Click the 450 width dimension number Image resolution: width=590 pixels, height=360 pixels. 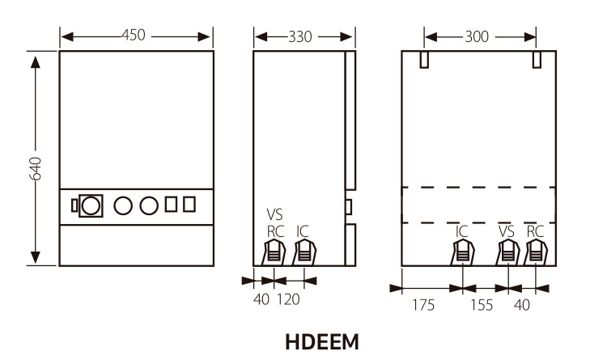[x=134, y=36]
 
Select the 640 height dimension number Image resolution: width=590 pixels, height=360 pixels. [x=35, y=168]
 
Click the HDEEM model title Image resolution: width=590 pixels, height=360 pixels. [x=321, y=342]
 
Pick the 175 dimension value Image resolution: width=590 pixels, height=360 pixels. [x=422, y=305]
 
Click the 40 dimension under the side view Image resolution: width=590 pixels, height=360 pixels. [x=261, y=299]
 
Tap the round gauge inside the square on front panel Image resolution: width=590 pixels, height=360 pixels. [x=92, y=205]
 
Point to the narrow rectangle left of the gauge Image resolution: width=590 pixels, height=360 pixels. [x=75, y=205]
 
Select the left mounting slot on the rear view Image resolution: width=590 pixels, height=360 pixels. [x=423, y=60]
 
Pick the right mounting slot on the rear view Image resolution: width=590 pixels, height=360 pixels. [x=536, y=60]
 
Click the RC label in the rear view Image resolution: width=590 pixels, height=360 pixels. [x=535, y=231]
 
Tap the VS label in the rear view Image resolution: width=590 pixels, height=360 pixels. [x=507, y=231]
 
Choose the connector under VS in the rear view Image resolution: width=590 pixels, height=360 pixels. [x=507, y=253]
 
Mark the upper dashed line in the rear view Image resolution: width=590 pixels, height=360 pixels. [x=478, y=188]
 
